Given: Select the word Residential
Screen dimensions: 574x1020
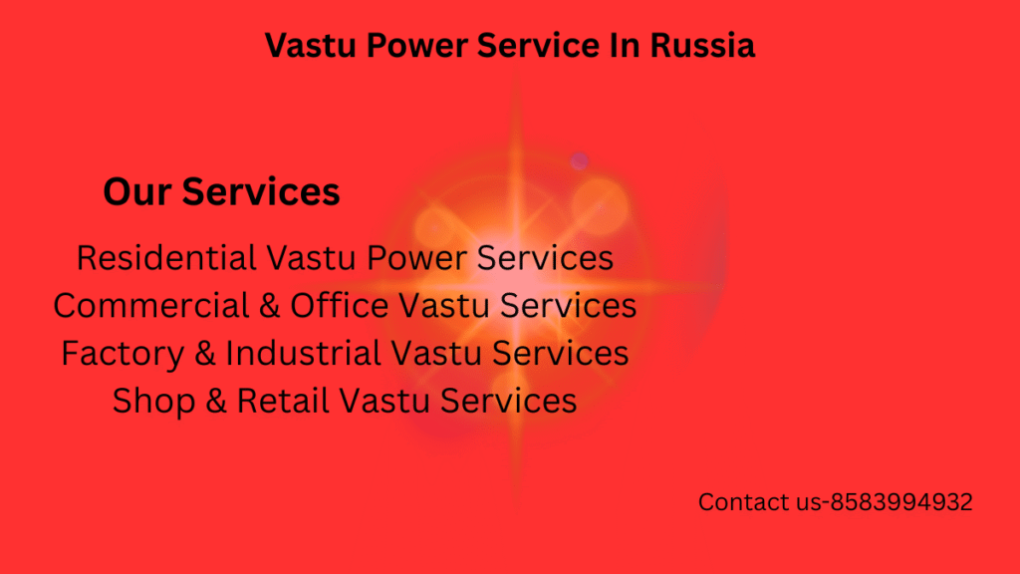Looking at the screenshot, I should (166, 257).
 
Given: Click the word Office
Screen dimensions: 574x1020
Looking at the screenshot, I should (340, 305).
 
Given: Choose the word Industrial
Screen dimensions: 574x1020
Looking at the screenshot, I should (304, 353).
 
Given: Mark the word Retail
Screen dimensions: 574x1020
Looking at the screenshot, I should (284, 401).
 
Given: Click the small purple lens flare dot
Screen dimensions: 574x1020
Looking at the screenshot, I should (579, 159).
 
